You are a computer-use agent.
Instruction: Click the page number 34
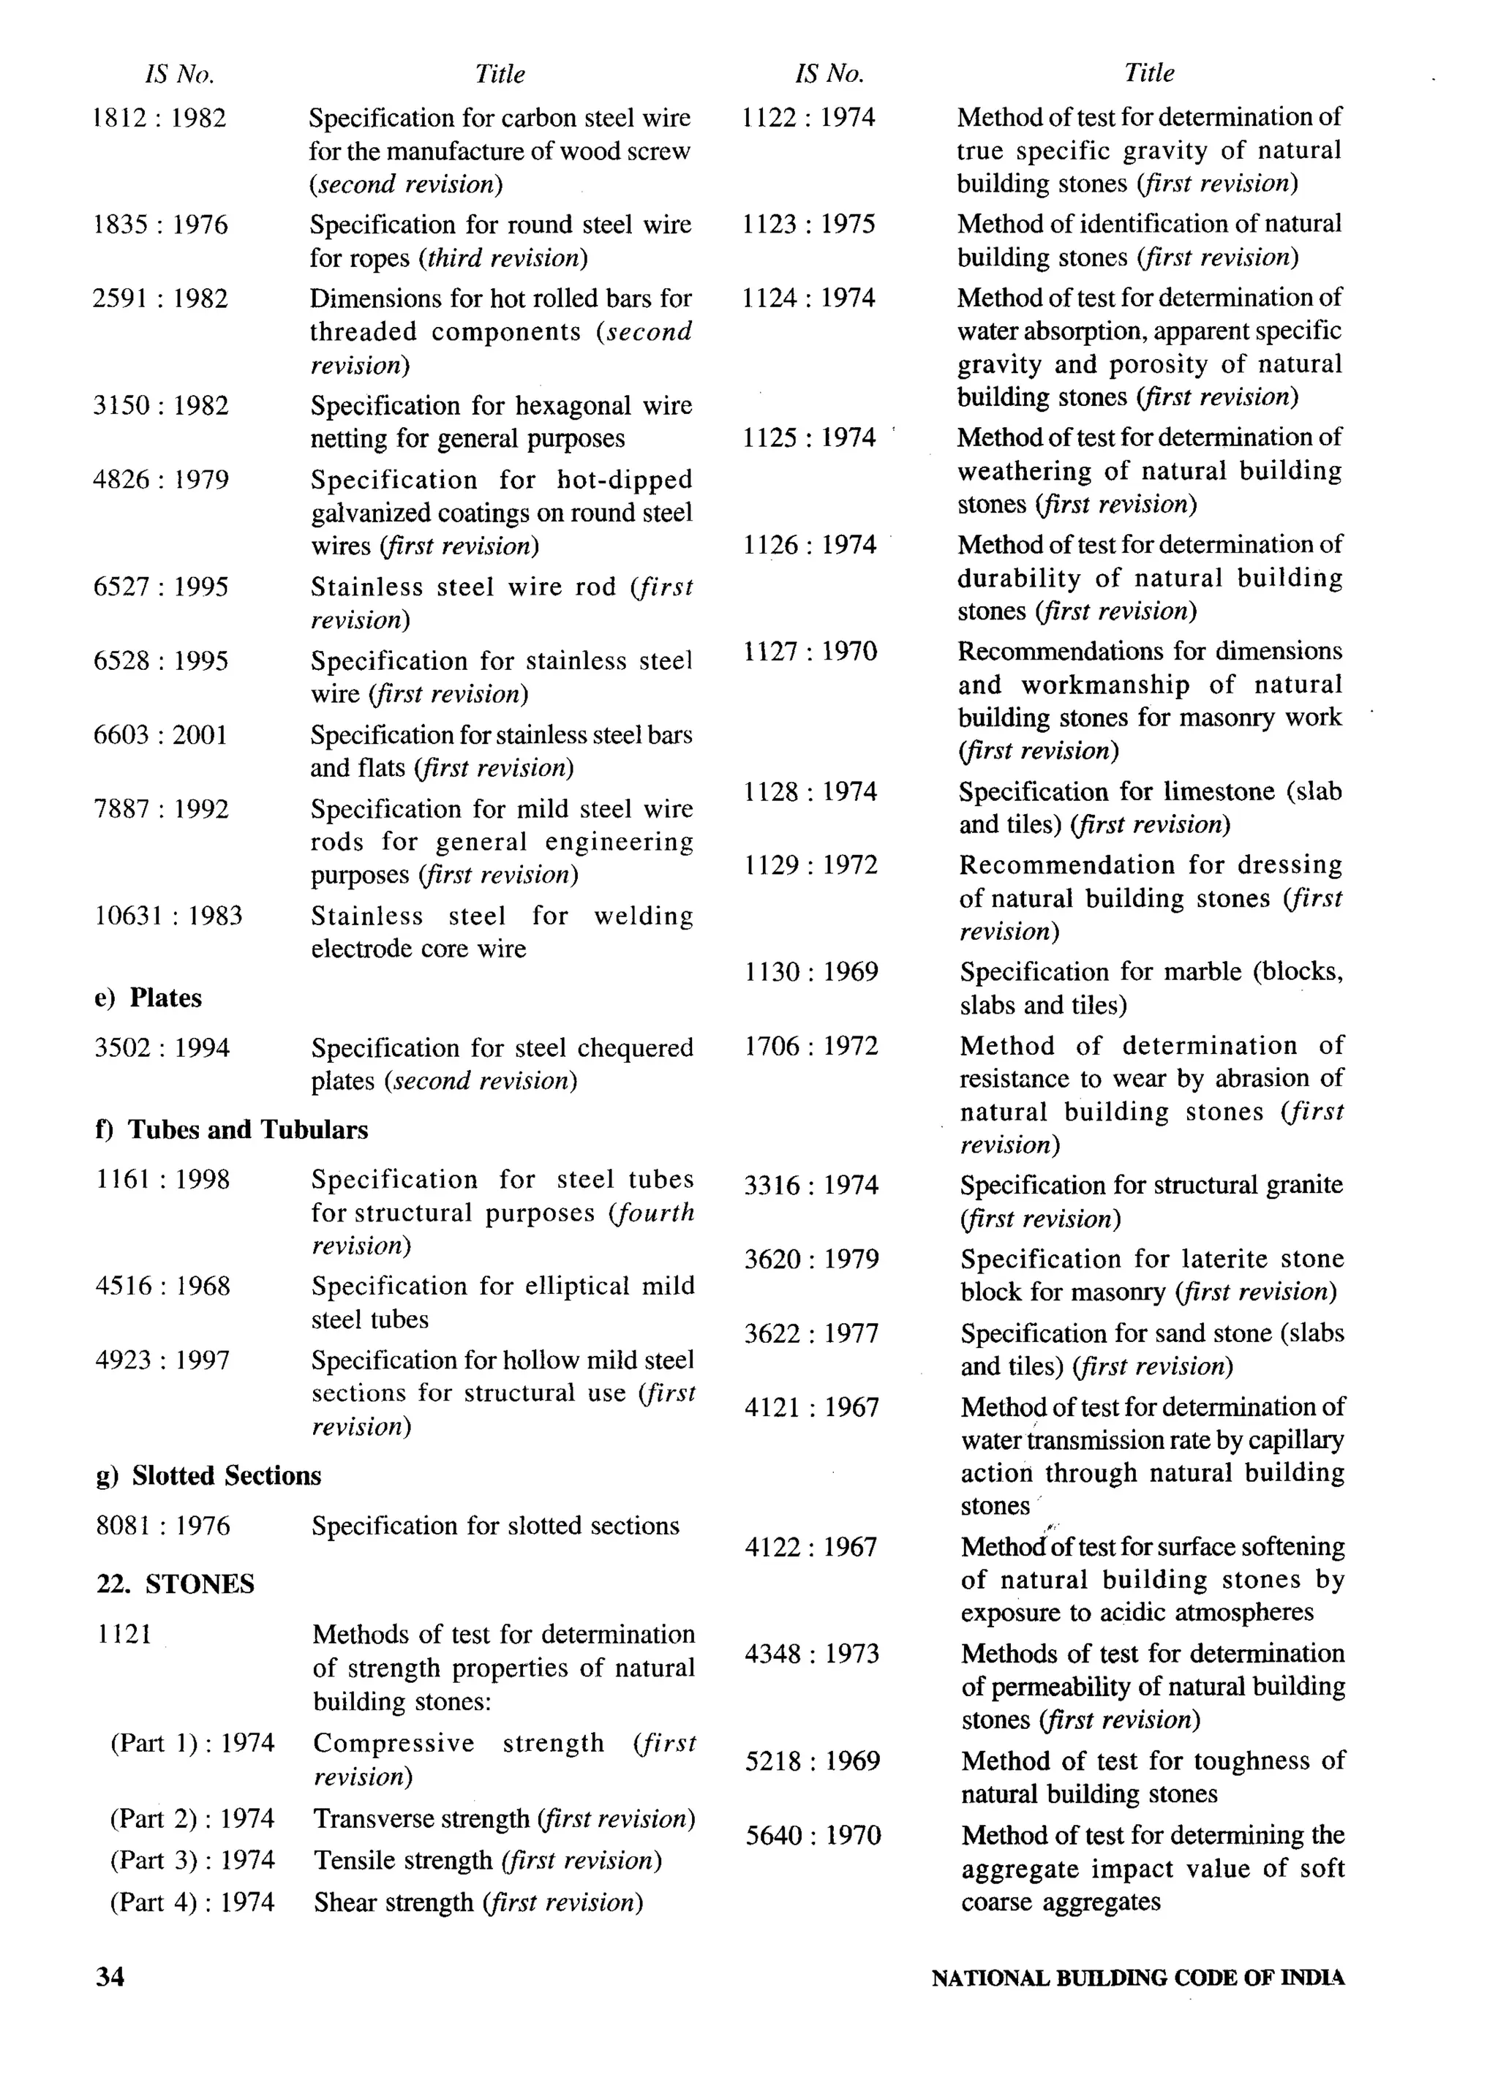[x=110, y=1977]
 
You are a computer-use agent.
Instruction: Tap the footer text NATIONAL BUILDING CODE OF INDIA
[x=1137, y=1978]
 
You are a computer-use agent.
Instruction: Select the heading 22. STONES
[x=176, y=1584]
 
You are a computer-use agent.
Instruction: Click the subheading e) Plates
[x=148, y=998]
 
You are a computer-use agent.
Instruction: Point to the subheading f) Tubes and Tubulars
[x=232, y=1130]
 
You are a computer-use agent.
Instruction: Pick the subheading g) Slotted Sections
[x=208, y=1476]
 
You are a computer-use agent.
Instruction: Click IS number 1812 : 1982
[x=159, y=118]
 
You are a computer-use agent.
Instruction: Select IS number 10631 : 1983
[x=168, y=916]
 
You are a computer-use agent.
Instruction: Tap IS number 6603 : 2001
[x=160, y=735]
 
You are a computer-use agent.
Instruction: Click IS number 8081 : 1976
[x=162, y=1526]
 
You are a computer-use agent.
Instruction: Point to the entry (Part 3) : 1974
[x=192, y=1861]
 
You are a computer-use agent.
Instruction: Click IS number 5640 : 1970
[x=813, y=1836]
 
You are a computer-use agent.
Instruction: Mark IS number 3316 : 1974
[x=810, y=1186]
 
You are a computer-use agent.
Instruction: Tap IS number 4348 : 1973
[x=812, y=1654]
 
